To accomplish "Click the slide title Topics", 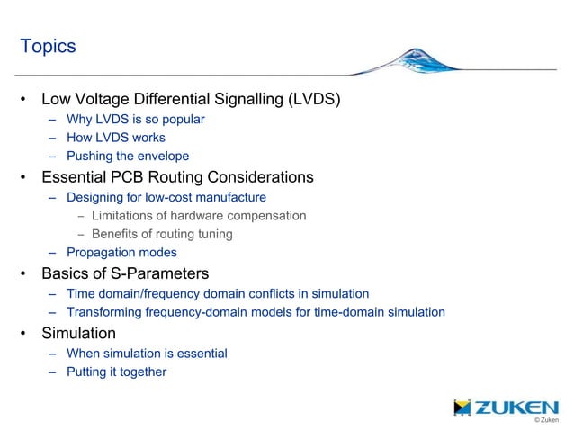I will tap(48, 46).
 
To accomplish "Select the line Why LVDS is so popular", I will tap(135, 119).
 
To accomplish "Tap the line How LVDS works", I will tap(115, 138).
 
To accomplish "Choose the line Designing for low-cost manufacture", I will tap(166, 196).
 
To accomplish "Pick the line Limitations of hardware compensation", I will tap(198, 215).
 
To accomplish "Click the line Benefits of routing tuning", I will tap(162, 234).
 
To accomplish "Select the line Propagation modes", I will tap(121, 253).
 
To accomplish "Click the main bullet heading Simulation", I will tap(78, 333).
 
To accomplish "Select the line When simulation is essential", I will tap(146, 354).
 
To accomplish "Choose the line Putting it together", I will tap(116, 372).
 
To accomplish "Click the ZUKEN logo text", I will tap(516, 408).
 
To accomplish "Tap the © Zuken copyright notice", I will tap(545, 420).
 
